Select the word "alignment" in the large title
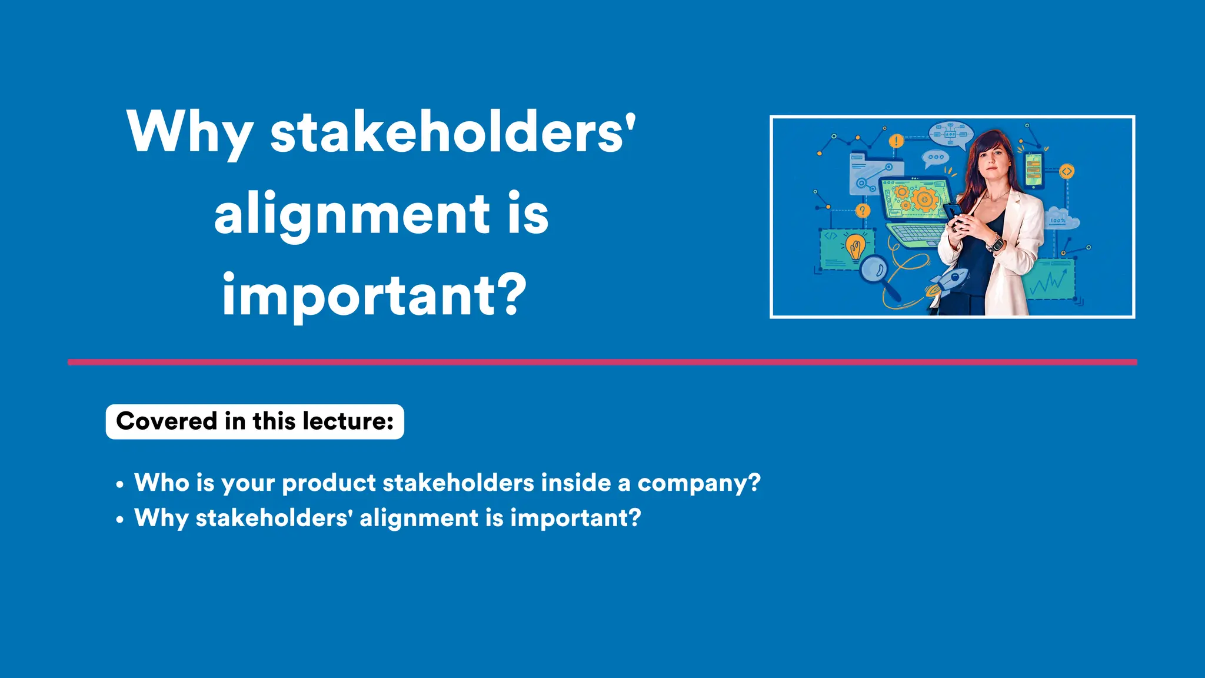(352, 213)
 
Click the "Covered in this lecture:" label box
(255, 421)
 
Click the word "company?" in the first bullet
(699, 484)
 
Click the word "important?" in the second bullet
(575, 519)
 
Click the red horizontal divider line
(602, 362)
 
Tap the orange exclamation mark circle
(896, 141)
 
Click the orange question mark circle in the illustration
(863, 210)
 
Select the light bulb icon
(856, 246)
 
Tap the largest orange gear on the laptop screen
(924, 200)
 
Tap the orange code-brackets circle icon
(1066, 171)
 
